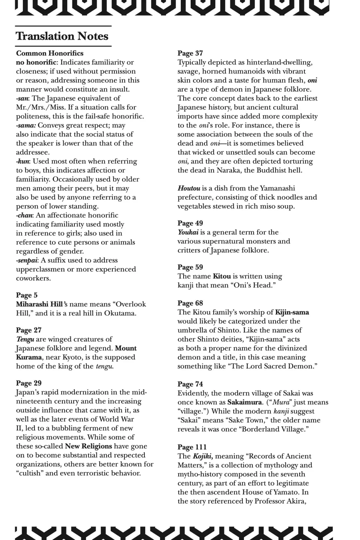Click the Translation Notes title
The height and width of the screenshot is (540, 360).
(x=62, y=36)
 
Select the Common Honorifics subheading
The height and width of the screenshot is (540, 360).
(x=50, y=53)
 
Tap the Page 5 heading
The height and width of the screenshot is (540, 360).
(x=27, y=295)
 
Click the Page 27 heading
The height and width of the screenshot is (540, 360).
(x=29, y=330)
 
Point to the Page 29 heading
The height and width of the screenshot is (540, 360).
(x=29, y=383)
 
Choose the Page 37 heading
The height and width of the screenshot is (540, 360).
(x=190, y=53)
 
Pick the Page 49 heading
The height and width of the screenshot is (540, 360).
(x=190, y=223)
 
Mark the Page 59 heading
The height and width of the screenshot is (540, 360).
(x=190, y=267)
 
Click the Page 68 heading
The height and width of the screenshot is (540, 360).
(x=190, y=303)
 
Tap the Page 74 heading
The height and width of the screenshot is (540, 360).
(x=190, y=384)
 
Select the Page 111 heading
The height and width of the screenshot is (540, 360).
(x=192, y=447)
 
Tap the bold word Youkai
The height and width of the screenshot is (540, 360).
(x=188, y=232)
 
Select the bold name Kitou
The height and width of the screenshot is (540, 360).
(x=222, y=276)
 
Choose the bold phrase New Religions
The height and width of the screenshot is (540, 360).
(x=88, y=446)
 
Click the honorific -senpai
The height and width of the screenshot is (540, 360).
(x=27, y=260)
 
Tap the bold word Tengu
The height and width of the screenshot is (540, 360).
(x=25, y=339)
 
